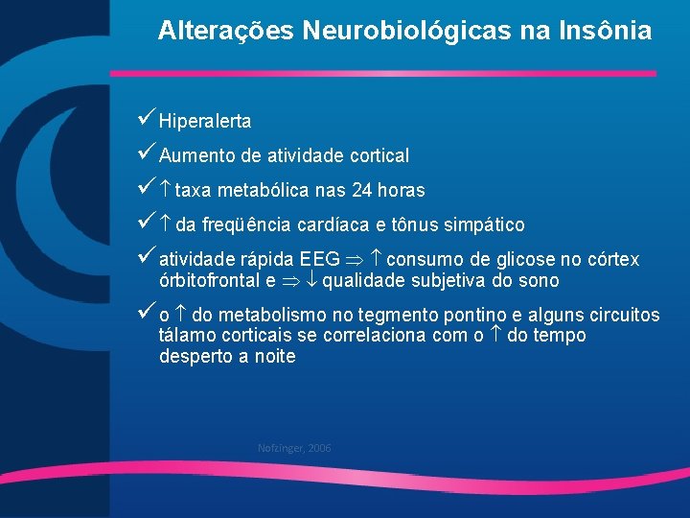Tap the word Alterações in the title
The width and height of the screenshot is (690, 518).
pyautogui.click(x=226, y=31)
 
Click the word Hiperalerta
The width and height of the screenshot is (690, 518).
pyautogui.click(x=205, y=122)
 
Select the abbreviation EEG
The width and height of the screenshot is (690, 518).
pyautogui.click(x=319, y=260)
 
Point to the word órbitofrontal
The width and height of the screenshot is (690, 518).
pyautogui.click(x=209, y=281)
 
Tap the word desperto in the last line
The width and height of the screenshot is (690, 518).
pyautogui.click(x=193, y=357)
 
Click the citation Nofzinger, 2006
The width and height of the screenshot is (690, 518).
pyautogui.click(x=294, y=448)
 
